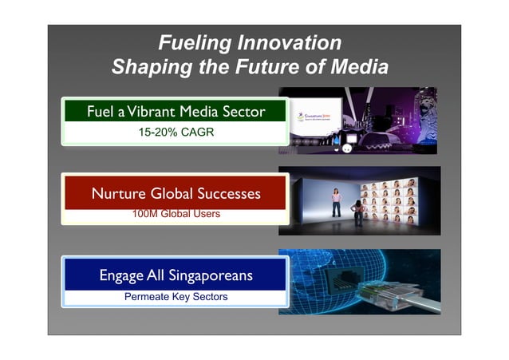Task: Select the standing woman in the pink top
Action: click(337, 202)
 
